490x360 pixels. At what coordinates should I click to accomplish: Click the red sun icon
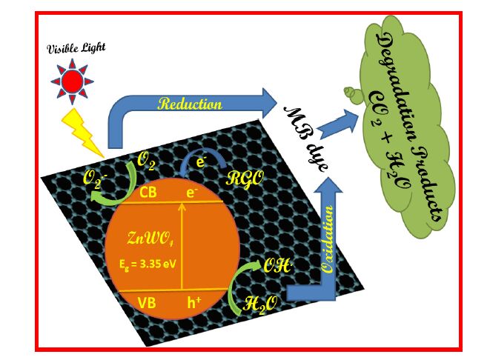pos(72,79)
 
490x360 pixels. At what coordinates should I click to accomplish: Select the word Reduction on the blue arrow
pos(191,104)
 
